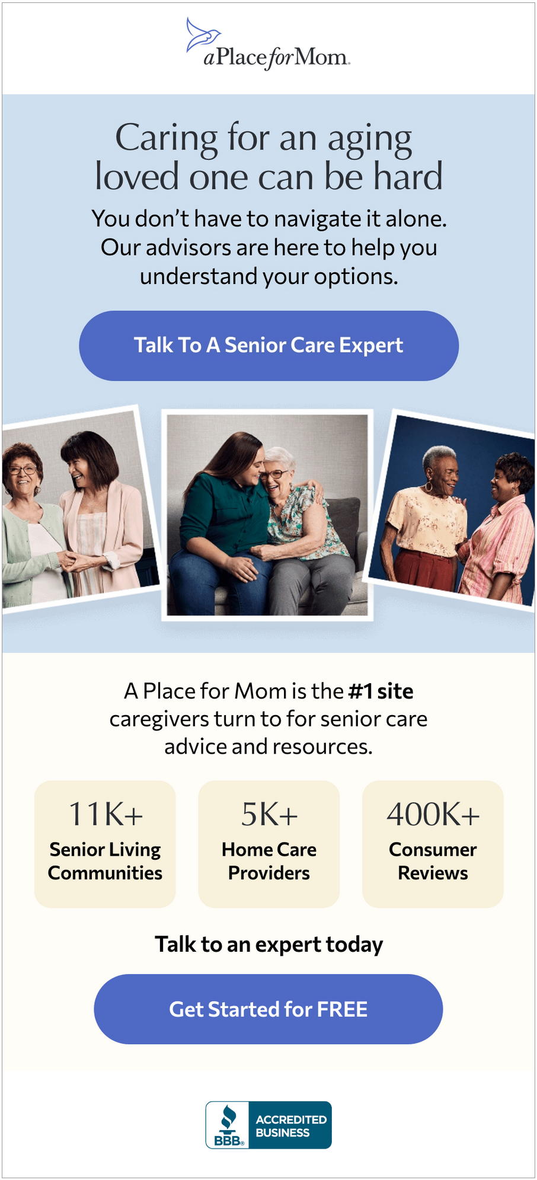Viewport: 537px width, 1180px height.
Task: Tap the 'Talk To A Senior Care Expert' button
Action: pyautogui.click(x=268, y=346)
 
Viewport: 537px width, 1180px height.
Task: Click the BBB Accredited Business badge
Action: pyautogui.click(x=268, y=1125)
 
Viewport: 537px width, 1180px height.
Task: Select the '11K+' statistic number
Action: pyautogui.click(x=106, y=814)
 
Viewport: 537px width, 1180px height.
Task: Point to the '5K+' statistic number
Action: pyautogui.click(x=269, y=814)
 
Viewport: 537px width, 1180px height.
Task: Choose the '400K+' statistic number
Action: pyautogui.click(x=433, y=814)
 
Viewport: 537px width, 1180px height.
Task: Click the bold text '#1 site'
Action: pyautogui.click(x=381, y=691)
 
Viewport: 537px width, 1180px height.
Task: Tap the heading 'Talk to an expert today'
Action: pyautogui.click(x=268, y=945)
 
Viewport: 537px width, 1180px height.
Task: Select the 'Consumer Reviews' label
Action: pyautogui.click(x=433, y=861)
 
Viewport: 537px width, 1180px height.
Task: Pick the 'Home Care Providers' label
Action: pyautogui.click(x=269, y=861)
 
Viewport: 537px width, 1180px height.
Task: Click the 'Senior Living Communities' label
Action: pyautogui.click(x=105, y=861)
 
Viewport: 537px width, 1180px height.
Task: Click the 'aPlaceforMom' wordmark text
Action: pyautogui.click(x=277, y=58)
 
